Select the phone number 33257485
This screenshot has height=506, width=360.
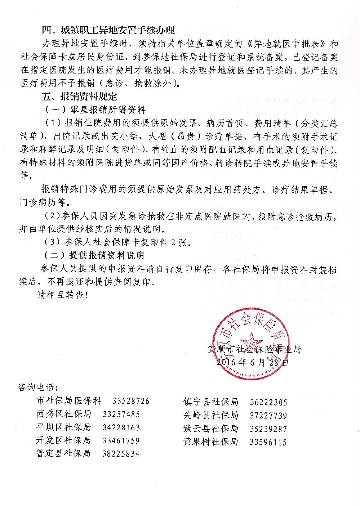pos(121,414)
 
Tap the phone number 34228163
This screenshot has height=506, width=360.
pos(121,427)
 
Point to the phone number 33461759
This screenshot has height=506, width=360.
pos(121,440)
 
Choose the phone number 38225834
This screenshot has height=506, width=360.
pos(121,453)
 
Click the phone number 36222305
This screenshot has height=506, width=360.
pos(268,402)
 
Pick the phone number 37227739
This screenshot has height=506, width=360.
pos(268,416)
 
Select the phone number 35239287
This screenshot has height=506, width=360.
pos(268,429)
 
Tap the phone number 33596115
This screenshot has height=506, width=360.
pos(268,442)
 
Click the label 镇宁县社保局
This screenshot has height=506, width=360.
pos(211,402)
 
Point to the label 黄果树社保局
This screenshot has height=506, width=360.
pos(211,442)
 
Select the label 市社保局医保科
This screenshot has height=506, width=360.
pos(69,400)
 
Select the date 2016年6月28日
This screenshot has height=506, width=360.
pos(253,362)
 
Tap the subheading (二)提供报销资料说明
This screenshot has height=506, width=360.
pos(94,255)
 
